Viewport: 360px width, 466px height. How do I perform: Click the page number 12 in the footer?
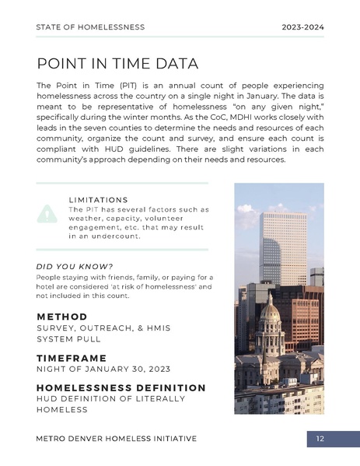click(320, 440)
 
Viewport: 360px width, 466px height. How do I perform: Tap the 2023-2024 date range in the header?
click(302, 27)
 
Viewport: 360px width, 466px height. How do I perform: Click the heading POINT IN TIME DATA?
click(117, 63)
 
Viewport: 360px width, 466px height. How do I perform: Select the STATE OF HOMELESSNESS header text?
click(90, 27)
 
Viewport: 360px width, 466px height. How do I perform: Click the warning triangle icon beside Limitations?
click(47, 212)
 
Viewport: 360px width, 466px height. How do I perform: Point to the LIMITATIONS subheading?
click(98, 200)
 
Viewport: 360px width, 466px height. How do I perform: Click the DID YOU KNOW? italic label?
click(75, 266)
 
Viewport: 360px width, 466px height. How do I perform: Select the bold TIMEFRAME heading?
click(76, 358)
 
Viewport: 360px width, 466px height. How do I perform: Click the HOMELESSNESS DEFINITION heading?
click(121, 387)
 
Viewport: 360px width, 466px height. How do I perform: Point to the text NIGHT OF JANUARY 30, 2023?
click(104, 369)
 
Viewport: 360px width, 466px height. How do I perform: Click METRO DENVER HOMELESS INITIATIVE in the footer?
click(117, 439)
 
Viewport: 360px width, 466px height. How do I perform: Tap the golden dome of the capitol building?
click(270, 312)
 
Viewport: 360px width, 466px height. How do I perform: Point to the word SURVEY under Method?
click(56, 328)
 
